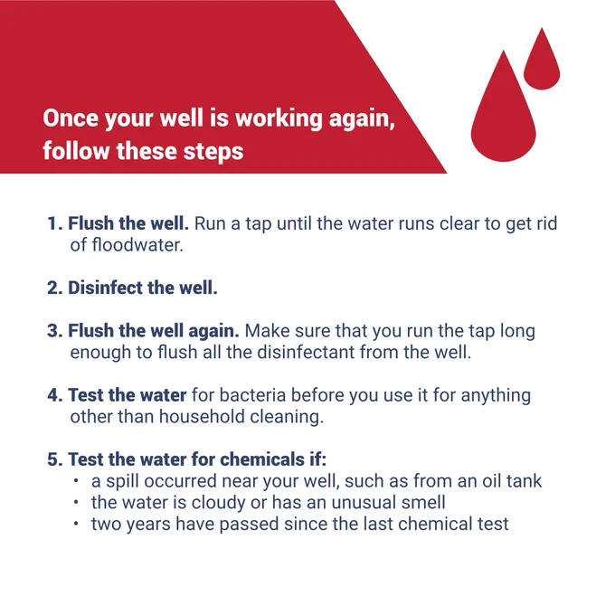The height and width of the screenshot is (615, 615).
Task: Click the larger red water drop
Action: [x=503, y=114]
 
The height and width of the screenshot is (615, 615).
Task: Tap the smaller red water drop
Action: [x=542, y=62]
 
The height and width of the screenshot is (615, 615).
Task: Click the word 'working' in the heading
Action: [x=279, y=118]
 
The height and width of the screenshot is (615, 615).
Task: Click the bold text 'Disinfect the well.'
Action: [x=143, y=288]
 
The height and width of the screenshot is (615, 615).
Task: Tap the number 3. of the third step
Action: [x=55, y=331]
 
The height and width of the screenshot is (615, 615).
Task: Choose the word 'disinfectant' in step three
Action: [x=306, y=352]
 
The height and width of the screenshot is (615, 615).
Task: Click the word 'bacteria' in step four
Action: [x=252, y=395]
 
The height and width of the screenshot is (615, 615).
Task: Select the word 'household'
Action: [x=202, y=416]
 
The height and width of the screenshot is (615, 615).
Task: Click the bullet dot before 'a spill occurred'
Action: [x=76, y=481]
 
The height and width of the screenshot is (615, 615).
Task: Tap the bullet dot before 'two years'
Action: [x=76, y=524]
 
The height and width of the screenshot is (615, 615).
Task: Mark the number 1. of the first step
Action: [x=54, y=223]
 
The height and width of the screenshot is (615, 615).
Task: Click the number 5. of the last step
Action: [x=55, y=459]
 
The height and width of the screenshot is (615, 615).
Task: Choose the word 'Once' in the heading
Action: [x=71, y=118]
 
